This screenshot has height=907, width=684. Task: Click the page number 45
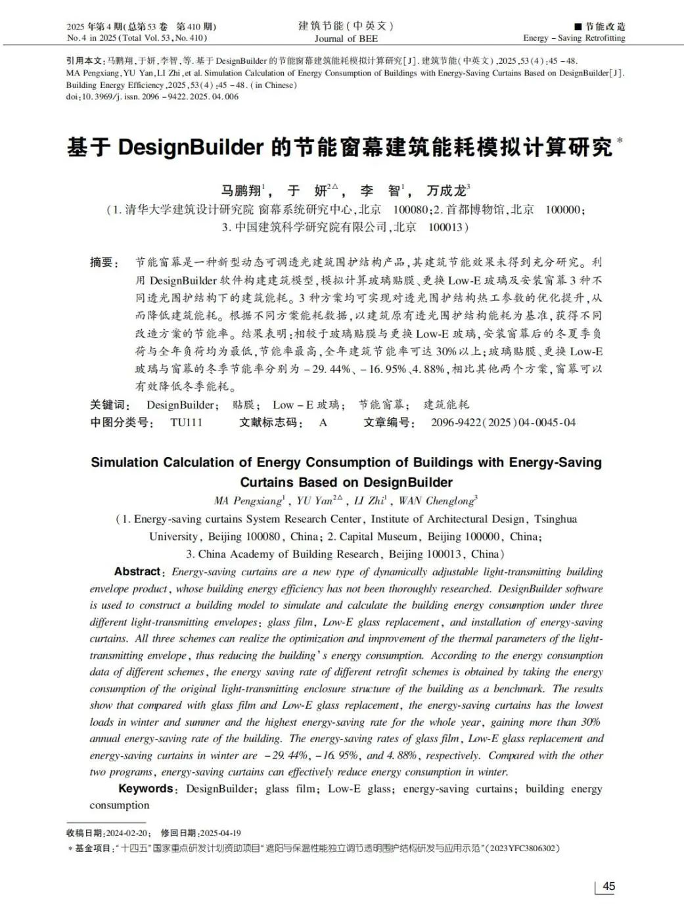click(x=608, y=886)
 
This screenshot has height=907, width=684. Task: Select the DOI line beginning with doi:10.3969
click(x=152, y=97)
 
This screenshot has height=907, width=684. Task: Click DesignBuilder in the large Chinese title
click(x=191, y=147)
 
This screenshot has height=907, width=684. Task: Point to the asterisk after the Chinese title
click(x=620, y=140)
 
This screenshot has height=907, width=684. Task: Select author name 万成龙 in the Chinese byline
click(x=446, y=191)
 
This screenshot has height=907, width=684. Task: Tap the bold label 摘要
click(x=103, y=263)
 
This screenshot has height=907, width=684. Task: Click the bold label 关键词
click(x=110, y=405)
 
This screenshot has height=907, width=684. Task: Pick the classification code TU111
click(x=186, y=422)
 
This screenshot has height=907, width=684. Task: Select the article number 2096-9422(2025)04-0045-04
click(x=503, y=422)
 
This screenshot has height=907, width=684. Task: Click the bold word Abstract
click(x=137, y=571)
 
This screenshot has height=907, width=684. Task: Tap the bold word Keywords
click(x=145, y=788)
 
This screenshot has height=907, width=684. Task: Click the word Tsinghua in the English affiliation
click(x=555, y=519)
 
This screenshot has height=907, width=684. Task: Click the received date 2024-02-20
click(x=128, y=833)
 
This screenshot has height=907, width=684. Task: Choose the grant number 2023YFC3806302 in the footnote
click(x=522, y=849)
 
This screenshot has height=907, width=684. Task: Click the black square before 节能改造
click(x=578, y=26)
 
